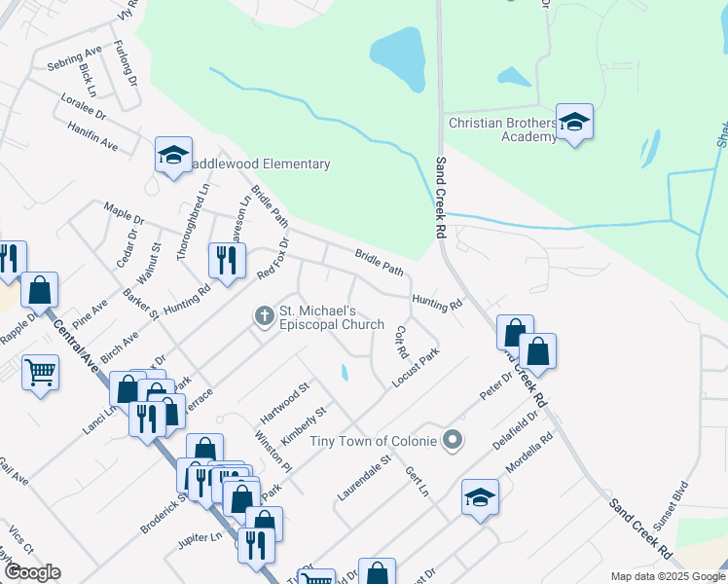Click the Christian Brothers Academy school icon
[574, 123]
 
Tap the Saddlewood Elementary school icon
[173, 155]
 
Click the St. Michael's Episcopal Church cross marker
[263, 315]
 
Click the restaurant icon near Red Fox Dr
[227, 260]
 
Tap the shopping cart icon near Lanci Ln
[40, 371]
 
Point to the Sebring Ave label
[74, 58]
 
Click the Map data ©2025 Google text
[667, 576]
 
